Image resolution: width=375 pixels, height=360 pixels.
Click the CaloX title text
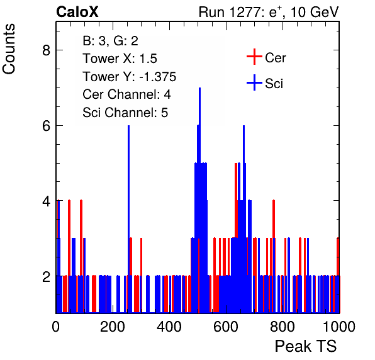pyautogui.click(x=77, y=12)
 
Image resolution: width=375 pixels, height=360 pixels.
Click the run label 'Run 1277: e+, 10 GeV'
pyautogui.click(x=269, y=12)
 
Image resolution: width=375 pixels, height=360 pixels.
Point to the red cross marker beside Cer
pyautogui.click(x=254, y=57)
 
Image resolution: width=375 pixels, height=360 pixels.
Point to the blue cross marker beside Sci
pyautogui.click(x=254, y=82)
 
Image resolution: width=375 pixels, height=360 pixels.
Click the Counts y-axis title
pyautogui.click(x=9, y=49)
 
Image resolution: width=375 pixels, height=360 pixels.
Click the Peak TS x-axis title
pyautogui.click(x=306, y=346)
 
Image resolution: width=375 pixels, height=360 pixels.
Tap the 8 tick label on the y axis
pyautogui.click(x=46, y=50)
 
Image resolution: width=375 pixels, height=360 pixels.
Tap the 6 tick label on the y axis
pyautogui.click(x=46, y=126)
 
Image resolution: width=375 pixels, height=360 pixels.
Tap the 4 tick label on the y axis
pyautogui.click(x=46, y=201)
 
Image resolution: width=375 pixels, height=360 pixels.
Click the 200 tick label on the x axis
pyautogui.click(x=113, y=327)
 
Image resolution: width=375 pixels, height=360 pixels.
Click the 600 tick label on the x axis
pyautogui.click(x=225, y=327)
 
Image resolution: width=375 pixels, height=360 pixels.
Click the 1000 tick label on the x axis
pyautogui.click(x=339, y=327)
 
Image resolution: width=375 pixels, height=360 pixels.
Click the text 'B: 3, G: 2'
pyautogui.click(x=110, y=41)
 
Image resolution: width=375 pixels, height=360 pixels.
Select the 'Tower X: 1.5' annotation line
pyautogui.click(x=120, y=59)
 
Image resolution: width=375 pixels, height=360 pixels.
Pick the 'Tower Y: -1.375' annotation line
pyautogui.click(x=129, y=77)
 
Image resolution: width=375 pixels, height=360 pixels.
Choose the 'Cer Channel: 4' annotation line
pyautogui.click(x=126, y=94)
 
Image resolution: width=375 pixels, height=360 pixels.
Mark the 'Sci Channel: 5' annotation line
pyautogui.click(x=125, y=113)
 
